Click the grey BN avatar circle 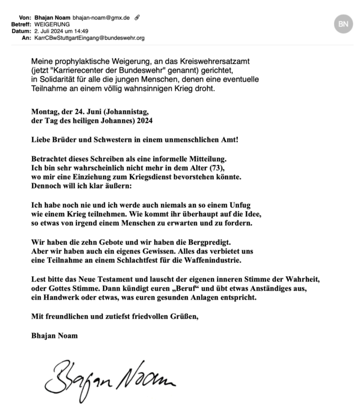pos(343,24)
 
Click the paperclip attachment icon pos(138,18)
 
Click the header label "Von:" pos(25,18)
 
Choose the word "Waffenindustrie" pos(212,261)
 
